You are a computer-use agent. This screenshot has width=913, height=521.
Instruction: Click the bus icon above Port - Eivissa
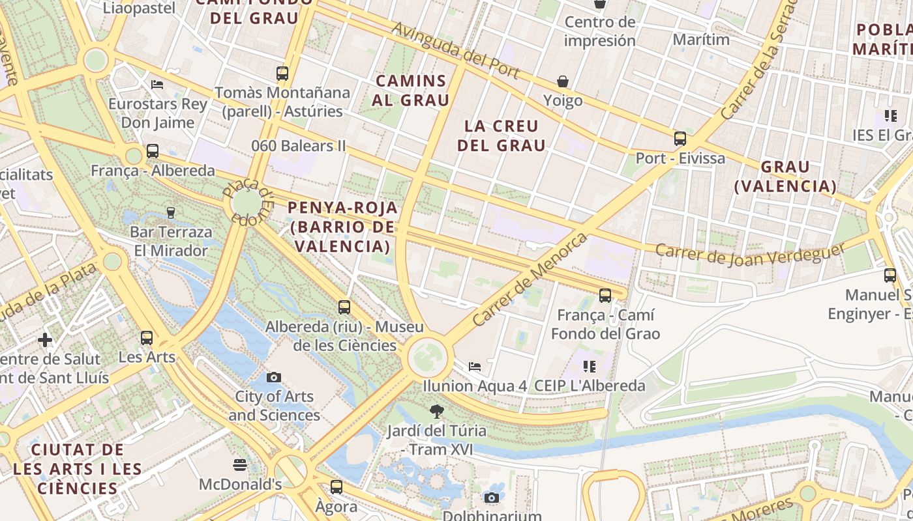click(680, 138)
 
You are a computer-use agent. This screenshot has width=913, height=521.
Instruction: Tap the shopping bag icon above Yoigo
click(563, 81)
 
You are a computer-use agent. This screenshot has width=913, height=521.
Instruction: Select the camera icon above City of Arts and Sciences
click(274, 377)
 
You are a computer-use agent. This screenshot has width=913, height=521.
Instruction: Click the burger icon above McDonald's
click(240, 465)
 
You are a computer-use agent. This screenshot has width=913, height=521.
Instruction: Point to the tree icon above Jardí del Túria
click(436, 411)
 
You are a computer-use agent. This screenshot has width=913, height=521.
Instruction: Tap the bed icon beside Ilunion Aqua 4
click(475, 367)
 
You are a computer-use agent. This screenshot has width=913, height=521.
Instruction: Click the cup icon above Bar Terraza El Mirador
click(171, 212)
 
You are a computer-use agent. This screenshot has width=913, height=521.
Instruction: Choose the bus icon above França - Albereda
click(153, 151)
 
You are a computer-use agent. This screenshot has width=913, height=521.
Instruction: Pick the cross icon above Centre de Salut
click(45, 339)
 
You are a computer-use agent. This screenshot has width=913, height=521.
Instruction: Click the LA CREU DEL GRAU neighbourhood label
click(501, 135)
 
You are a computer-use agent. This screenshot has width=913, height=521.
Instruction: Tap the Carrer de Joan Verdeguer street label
click(750, 255)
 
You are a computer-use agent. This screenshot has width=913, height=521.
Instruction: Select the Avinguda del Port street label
click(456, 51)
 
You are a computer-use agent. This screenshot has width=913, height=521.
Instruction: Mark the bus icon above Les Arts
click(147, 337)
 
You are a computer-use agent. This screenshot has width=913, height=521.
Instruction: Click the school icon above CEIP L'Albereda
click(590, 367)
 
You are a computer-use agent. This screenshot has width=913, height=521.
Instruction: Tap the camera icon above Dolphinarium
click(492, 498)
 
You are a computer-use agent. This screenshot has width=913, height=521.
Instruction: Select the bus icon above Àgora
click(337, 486)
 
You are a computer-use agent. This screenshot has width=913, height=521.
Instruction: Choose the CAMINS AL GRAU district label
click(412, 91)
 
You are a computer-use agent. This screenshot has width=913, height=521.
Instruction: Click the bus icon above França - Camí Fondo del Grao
click(605, 296)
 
